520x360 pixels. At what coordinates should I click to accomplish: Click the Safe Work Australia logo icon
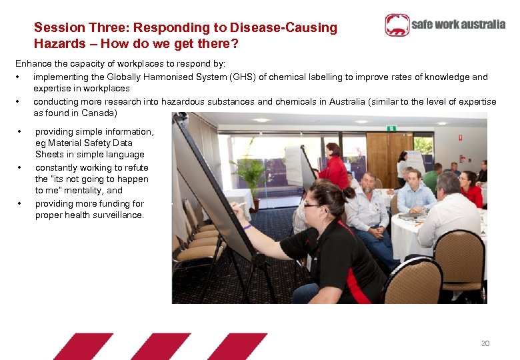pyautogui.click(x=397, y=25)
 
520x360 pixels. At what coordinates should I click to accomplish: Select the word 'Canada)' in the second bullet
pyautogui.click(x=98, y=113)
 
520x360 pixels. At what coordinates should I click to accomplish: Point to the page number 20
pyautogui.click(x=485, y=343)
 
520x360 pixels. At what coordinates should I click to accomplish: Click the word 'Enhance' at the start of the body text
pyautogui.click(x=33, y=64)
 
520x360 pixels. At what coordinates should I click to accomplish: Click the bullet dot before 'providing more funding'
pyautogui.click(x=21, y=203)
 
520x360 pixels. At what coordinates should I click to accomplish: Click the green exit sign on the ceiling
pyautogui.click(x=392, y=128)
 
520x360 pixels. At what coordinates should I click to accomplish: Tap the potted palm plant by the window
pyautogui.click(x=251, y=175)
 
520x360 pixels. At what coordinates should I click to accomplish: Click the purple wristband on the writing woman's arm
pyautogui.click(x=247, y=227)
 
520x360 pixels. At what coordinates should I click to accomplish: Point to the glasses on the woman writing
pyautogui.click(x=312, y=205)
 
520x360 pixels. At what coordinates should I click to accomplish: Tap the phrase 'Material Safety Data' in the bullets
pyautogui.click(x=84, y=143)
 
